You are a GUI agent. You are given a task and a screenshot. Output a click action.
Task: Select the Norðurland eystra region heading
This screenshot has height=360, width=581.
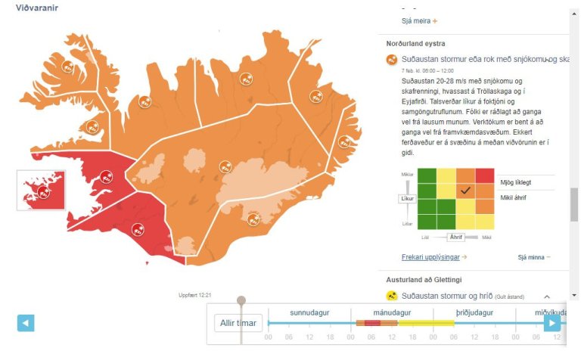pos(415,44)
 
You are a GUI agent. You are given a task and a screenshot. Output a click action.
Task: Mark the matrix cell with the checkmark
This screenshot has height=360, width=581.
pos(465,191)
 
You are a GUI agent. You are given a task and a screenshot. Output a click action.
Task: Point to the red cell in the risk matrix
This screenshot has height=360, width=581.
pos(484,175)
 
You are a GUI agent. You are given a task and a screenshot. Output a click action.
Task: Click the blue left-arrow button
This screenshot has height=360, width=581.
pos(26,323)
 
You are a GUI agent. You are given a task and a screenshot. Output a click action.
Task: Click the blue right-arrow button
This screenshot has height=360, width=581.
pos(552,323)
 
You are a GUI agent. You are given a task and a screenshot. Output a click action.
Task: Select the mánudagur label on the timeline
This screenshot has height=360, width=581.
pos(392,312)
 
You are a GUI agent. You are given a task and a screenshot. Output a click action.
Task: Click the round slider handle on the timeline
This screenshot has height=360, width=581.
pos(241,300)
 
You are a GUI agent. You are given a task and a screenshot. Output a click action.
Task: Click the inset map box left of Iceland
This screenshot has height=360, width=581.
pos(41,190)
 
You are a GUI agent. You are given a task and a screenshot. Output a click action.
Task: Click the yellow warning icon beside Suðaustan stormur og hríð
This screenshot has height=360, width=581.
pos(392,296)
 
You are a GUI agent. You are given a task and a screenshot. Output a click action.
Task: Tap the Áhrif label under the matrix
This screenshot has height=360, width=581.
pos(455,237)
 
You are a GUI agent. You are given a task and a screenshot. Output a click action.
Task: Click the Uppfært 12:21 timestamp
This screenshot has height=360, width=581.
pos(194,295)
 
